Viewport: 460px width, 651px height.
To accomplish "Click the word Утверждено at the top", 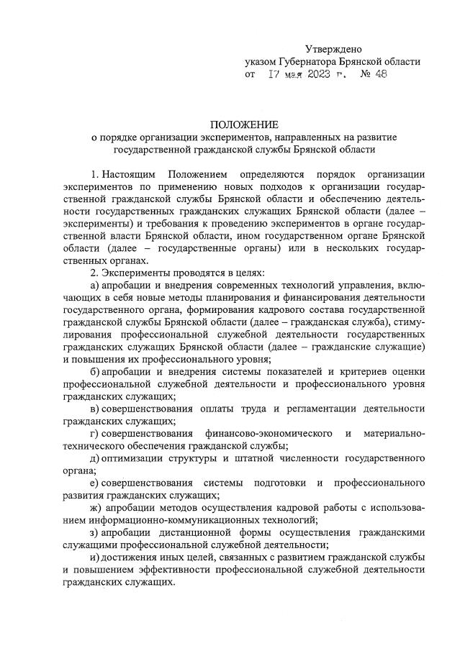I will point(333,50).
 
